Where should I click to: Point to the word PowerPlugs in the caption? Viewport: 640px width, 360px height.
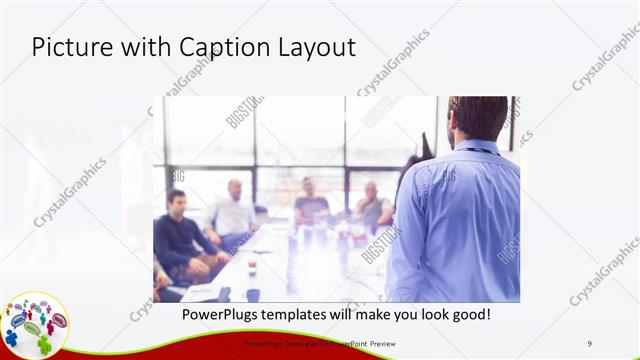click(220, 315)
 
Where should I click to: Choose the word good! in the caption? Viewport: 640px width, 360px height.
click(466, 315)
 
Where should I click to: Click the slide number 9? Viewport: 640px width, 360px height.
click(590, 344)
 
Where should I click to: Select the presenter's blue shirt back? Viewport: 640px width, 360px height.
click(460, 220)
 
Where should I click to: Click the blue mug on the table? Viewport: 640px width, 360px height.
click(253, 294)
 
